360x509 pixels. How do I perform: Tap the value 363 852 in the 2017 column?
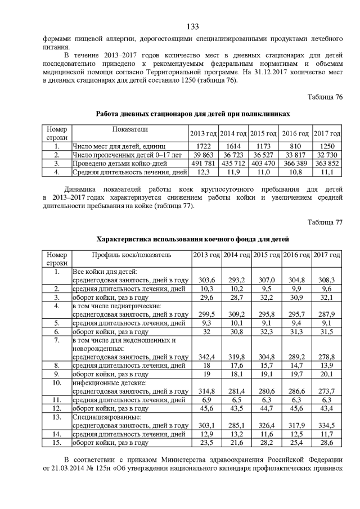click(327, 163)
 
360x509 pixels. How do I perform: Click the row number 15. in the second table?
click(56, 443)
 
